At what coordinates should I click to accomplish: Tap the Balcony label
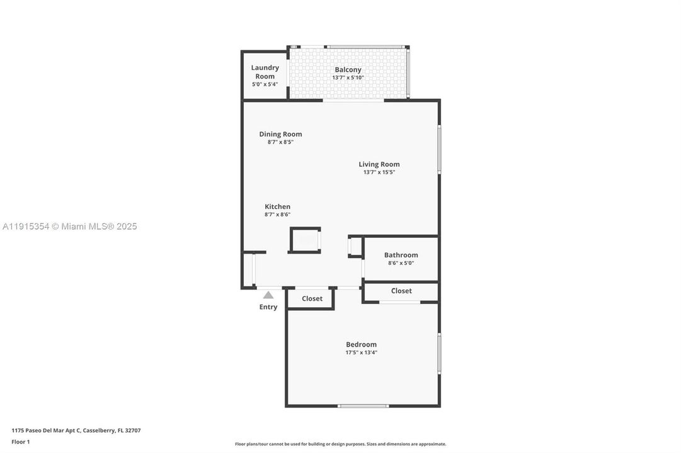(348, 70)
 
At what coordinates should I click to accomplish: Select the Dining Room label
(280, 134)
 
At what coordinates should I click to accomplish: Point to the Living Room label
(379, 164)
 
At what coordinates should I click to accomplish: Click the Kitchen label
(277, 206)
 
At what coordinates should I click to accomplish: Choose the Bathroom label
(401, 255)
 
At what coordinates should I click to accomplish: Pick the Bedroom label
(361, 344)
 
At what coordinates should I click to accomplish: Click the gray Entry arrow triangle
(268, 295)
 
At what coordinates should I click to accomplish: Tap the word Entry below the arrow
(268, 307)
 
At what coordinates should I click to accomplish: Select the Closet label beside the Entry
(312, 298)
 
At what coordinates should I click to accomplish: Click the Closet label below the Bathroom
(401, 291)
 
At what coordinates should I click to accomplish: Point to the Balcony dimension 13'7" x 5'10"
(348, 78)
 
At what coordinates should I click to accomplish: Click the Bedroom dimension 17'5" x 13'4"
(361, 352)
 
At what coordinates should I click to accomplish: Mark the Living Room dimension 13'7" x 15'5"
(379, 172)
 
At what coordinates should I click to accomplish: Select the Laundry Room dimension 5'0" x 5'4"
(265, 84)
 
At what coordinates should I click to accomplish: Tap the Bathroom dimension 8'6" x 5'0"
(401, 263)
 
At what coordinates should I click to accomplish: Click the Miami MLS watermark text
(69, 226)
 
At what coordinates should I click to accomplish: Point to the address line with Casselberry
(76, 430)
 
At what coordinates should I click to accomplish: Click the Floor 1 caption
(21, 442)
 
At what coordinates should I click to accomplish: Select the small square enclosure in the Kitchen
(306, 240)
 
